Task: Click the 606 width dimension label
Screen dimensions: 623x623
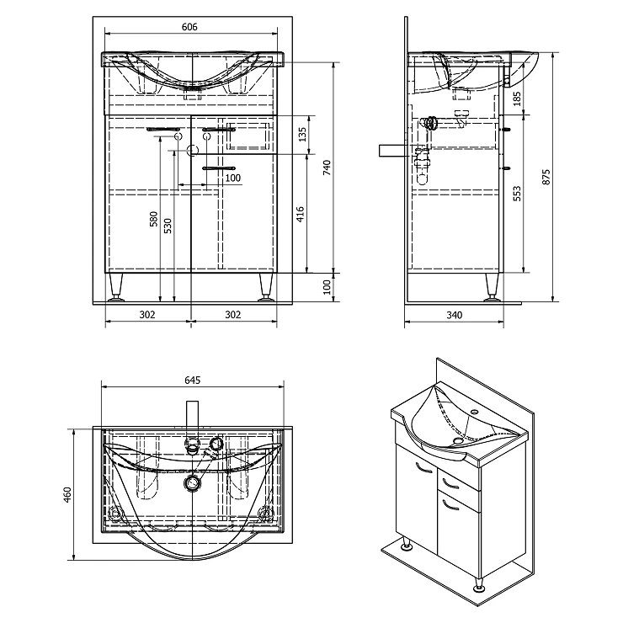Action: tap(189, 27)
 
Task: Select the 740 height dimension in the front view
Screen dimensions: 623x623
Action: tap(327, 168)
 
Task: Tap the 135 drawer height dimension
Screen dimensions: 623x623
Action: tap(303, 135)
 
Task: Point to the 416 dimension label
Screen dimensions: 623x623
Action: tap(301, 214)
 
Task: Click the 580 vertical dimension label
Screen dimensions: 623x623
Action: tap(154, 219)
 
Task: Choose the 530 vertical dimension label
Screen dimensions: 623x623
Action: tap(168, 226)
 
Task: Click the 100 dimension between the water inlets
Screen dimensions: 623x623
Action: tap(233, 178)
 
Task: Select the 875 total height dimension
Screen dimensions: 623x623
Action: tap(546, 177)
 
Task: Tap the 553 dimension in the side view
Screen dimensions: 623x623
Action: tap(517, 194)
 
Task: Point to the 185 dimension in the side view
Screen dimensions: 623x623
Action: tap(517, 99)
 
